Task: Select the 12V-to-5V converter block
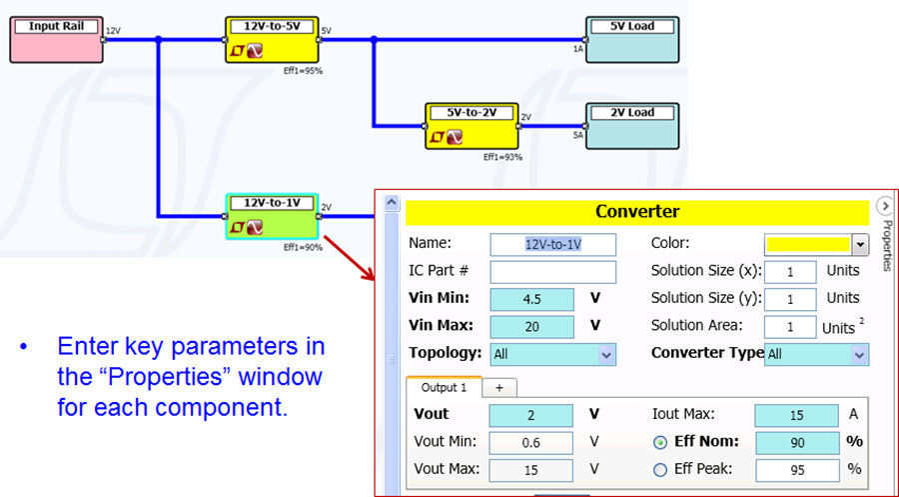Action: click(x=272, y=40)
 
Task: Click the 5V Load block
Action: click(x=631, y=39)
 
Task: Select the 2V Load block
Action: click(x=631, y=125)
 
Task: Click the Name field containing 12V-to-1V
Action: click(x=552, y=244)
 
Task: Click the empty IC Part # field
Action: click(x=552, y=271)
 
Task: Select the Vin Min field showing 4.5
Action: click(x=531, y=299)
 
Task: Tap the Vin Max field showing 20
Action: click(x=531, y=326)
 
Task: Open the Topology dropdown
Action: click(x=606, y=354)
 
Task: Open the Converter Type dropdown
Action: click(x=859, y=354)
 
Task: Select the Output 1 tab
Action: click(x=444, y=387)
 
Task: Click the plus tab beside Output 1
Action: click(x=498, y=387)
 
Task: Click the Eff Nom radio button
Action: click(x=659, y=442)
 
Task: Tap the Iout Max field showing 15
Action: click(x=796, y=415)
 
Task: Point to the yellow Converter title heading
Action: click(x=637, y=212)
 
